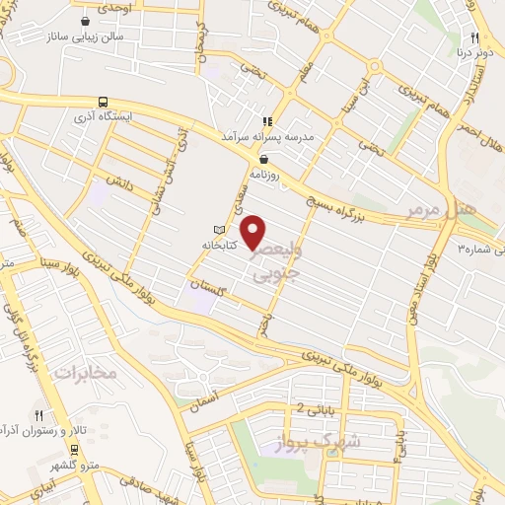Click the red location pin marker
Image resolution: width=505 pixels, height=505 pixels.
[254, 231]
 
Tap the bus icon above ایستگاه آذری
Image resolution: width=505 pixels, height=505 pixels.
[104, 102]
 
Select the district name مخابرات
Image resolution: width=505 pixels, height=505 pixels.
[85, 373]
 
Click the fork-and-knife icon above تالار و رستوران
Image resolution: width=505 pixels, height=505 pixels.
[39, 415]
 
